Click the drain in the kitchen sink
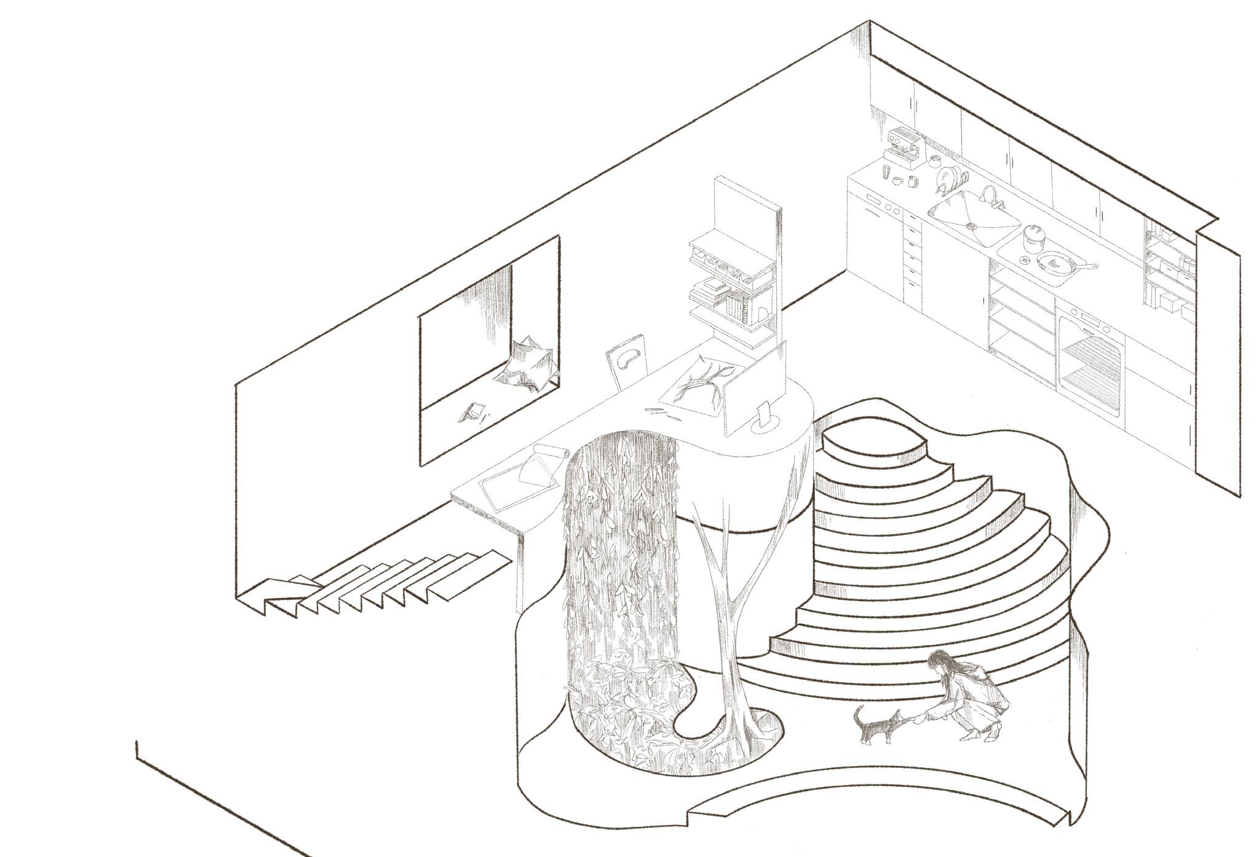point(971,226)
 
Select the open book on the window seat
point(472,411)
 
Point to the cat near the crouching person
point(876,729)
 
